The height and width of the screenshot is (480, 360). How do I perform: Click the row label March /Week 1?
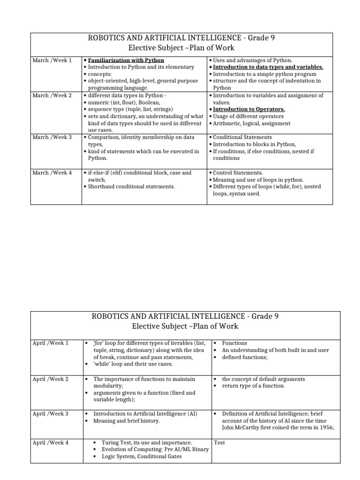52,60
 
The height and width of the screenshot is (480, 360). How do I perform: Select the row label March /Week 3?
52,137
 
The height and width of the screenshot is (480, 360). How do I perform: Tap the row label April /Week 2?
51,379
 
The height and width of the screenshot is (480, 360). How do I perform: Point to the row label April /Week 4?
51,442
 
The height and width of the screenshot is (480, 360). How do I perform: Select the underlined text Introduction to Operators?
249,109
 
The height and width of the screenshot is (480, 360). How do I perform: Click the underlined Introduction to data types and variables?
268,67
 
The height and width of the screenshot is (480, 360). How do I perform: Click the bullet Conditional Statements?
242,137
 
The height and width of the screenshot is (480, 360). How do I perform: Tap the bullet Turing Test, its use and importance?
142,442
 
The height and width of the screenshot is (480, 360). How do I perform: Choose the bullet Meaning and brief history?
127,420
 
